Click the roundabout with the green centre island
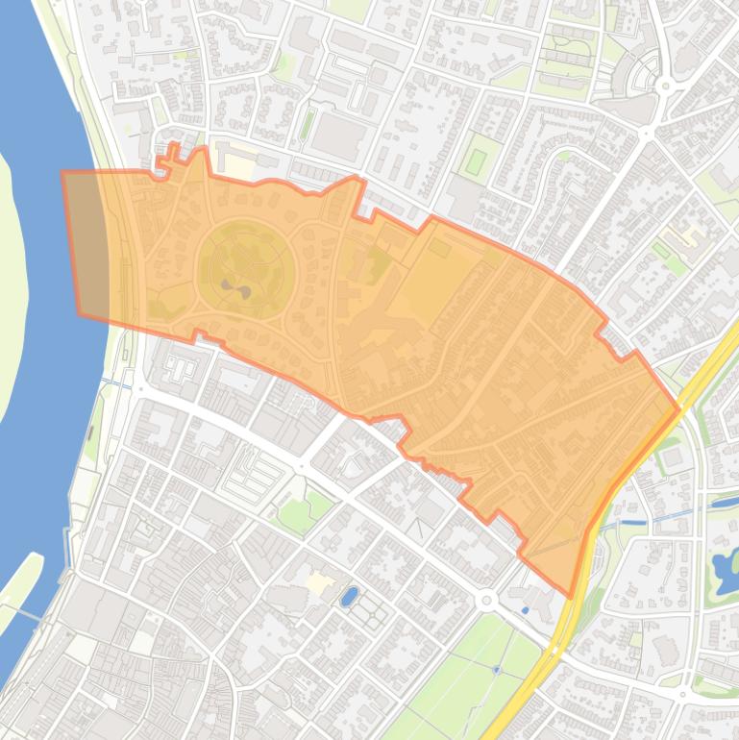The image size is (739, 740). coord(665,86)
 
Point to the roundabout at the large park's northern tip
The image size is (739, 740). coord(486,600)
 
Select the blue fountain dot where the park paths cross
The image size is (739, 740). coord(496,669)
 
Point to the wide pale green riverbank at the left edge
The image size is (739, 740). coord(12,288)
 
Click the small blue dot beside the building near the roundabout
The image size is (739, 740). coord(525,609)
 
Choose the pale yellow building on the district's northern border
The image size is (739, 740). coord(236,166)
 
